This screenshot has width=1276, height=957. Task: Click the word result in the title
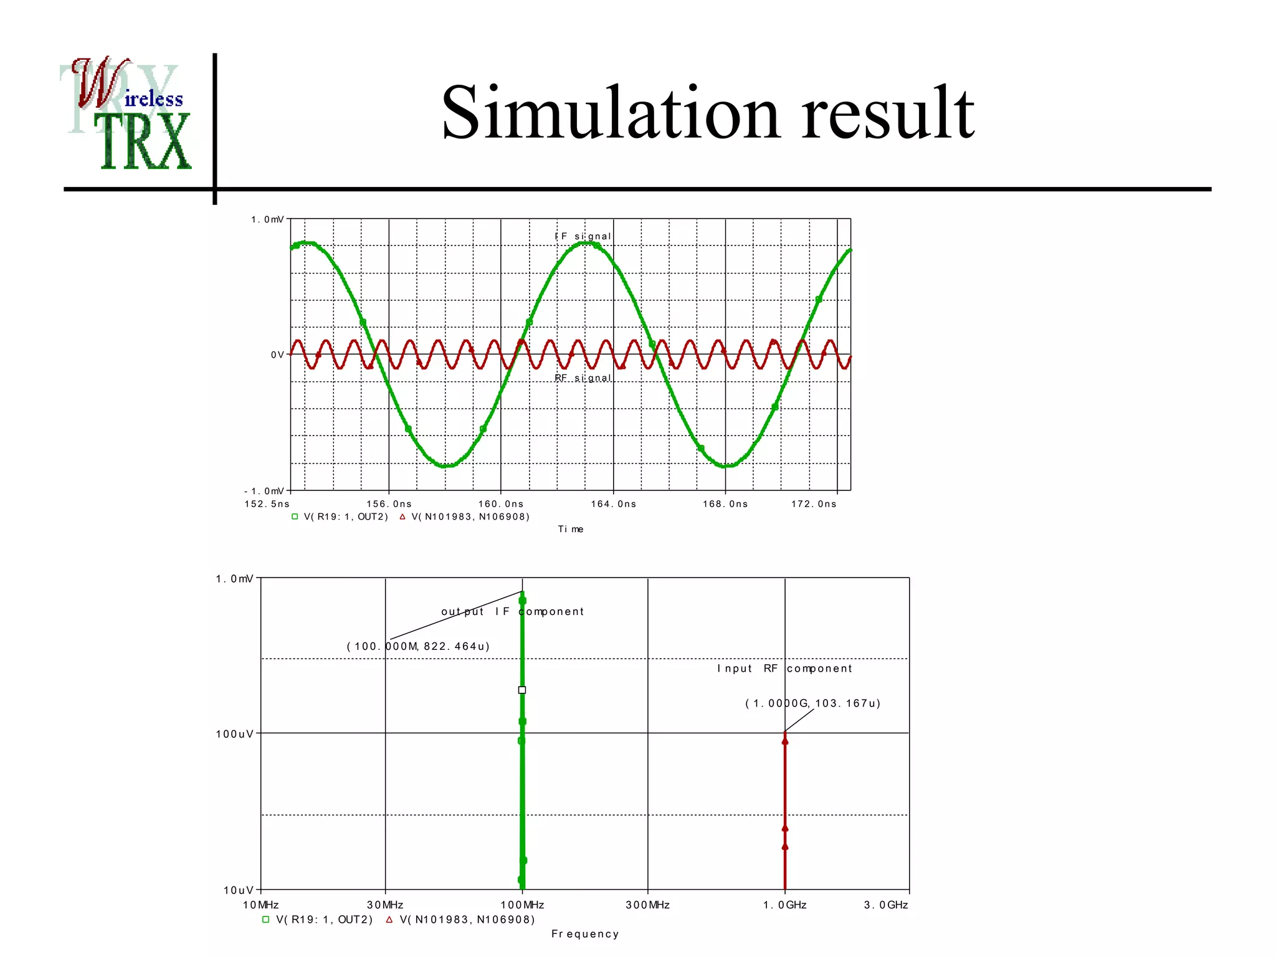click(887, 113)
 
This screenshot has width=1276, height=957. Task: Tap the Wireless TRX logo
click(128, 113)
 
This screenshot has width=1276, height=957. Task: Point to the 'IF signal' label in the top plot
click(583, 236)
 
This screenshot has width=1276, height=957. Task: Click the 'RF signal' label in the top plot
click(583, 378)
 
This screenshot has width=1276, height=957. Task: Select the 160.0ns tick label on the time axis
click(501, 504)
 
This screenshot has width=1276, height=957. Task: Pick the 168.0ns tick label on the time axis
click(725, 504)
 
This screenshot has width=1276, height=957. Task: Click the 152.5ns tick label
click(267, 504)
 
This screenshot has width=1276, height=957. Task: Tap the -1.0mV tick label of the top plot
click(264, 491)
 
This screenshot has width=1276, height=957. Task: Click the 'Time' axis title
click(570, 529)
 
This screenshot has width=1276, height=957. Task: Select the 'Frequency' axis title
click(585, 933)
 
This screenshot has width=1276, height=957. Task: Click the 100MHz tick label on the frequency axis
click(522, 905)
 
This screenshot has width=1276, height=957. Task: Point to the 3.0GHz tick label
click(886, 905)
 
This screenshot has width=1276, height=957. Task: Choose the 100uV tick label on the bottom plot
click(235, 734)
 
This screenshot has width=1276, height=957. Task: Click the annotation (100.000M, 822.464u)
click(418, 646)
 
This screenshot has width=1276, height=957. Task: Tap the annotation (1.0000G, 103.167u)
click(812, 703)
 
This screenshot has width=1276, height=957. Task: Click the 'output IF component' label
click(512, 611)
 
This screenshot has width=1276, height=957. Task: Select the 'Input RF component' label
click(784, 669)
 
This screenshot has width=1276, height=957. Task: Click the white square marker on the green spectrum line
click(522, 690)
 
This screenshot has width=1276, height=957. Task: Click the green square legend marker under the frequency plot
click(265, 920)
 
